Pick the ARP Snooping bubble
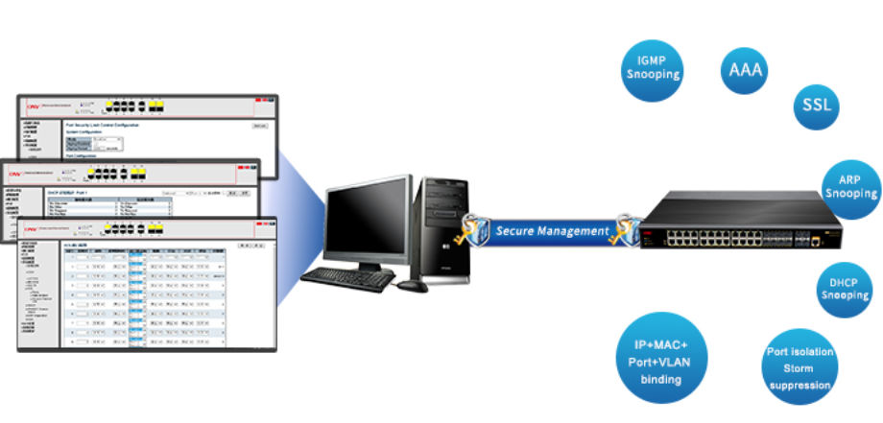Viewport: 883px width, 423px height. (x=850, y=188)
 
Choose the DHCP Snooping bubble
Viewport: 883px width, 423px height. (x=844, y=290)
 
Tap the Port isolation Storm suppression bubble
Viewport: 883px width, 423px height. (x=799, y=367)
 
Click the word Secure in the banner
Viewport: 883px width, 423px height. (x=519, y=231)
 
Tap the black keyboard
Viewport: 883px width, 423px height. (x=347, y=279)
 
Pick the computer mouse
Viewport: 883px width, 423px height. (x=412, y=285)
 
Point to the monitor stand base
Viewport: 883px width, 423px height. (x=359, y=269)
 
